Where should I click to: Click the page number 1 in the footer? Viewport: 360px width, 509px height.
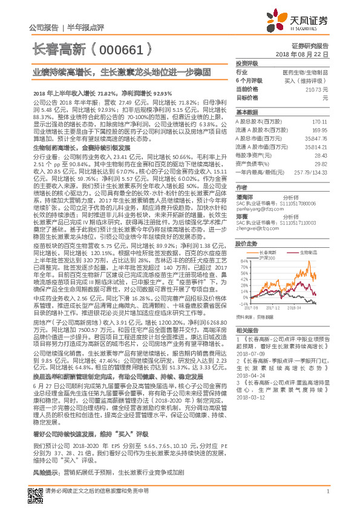coord(327,491)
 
